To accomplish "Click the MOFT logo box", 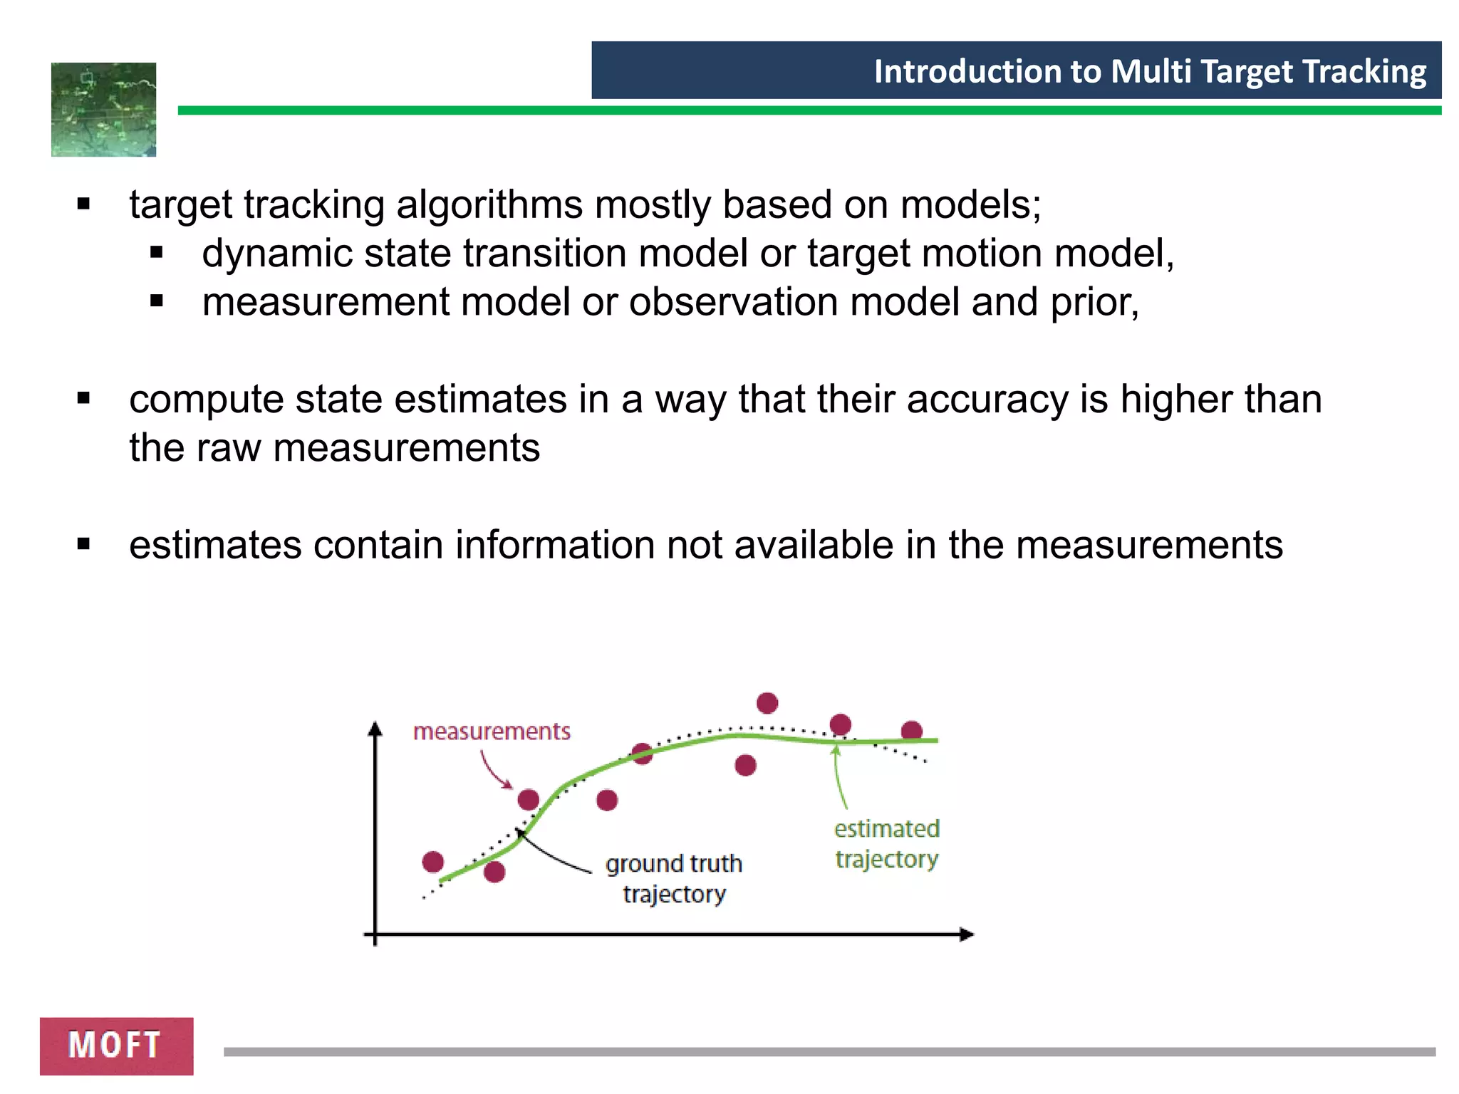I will pyautogui.click(x=116, y=1045).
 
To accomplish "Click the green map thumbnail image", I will pyautogui.click(x=103, y=109).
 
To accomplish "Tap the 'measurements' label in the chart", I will pyautogui.click(x=492, y=731).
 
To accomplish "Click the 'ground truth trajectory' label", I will pyautogui.click(x=674, y=878).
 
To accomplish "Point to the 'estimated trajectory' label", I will pyautogui.click(x=887, y=844).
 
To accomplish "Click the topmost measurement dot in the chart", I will pyautogui.click(x=767, y=703).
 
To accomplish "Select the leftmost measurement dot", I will pyautogui.click(x=433, y=862).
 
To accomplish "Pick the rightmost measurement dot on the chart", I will pyautogui.click(x=912, y=730).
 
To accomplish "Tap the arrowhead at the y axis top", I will pyautogui.click(x=375, y=729).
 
